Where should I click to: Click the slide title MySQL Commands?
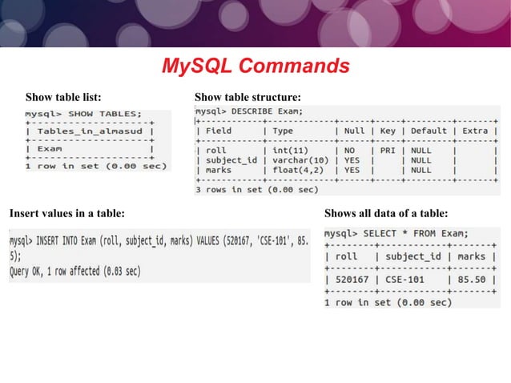point(255,65)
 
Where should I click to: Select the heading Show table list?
point(63,98)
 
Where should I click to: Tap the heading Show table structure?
point(247,98)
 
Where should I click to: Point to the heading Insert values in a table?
point(66,213)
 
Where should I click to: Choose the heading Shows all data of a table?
point(385,213)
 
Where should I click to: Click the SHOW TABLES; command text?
point(105,113)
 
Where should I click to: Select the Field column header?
point(219,130)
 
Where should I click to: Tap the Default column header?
point(429,130)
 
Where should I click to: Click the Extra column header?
point(475,130)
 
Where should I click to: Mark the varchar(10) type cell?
point(300,160)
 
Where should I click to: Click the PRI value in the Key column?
point(387,150)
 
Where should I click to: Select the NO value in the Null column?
point(349,150)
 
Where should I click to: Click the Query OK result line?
point(75,271)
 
